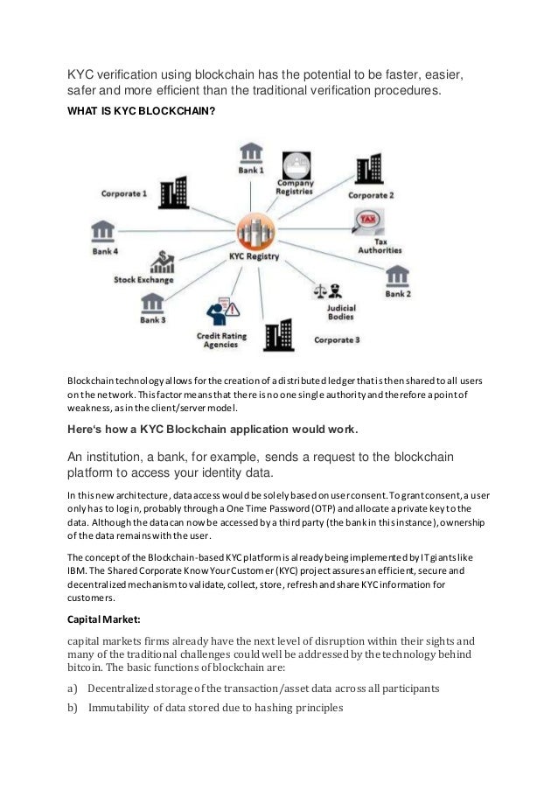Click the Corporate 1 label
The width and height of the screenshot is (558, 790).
(x=124, y=192)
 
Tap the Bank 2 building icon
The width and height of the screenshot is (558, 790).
(x=398, y=276)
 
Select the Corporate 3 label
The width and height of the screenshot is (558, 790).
(x=336, y=339)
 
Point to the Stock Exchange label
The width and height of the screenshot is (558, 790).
(x=143, y=280)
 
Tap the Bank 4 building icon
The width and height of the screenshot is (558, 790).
(x=102, y=232)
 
